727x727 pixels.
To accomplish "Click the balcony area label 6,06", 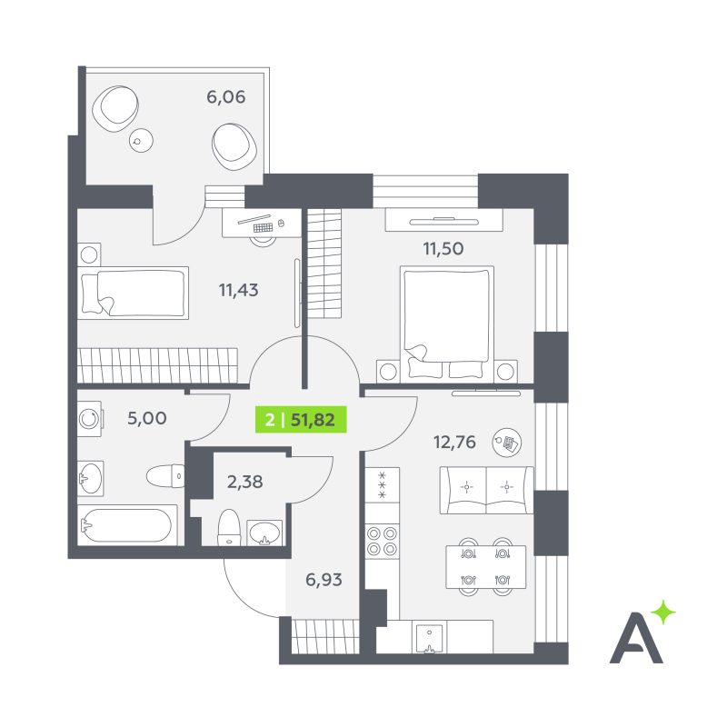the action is pos(225,97).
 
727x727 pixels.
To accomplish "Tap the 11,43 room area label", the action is pos(238,290).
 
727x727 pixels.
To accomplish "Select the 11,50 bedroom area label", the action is pos(443,248).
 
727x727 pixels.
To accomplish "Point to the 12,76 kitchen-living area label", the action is pos(455,442).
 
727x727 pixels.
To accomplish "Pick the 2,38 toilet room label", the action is pos(244,483).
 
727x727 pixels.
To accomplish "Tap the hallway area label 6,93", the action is pos(324,580).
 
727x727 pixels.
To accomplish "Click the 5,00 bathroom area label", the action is pos(147,418).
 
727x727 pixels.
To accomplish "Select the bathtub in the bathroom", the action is pos(127,525).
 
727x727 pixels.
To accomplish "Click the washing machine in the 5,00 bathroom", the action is pos(90,419).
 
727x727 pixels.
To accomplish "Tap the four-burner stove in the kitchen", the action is pos(383,541).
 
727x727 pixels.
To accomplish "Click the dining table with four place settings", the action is pos(486,566).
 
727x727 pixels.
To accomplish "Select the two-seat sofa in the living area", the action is pos(486,490).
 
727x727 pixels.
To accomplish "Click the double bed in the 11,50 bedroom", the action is pos(447,324).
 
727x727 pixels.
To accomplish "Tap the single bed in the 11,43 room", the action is pos(133,293).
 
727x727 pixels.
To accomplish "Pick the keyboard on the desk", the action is pos(263,228).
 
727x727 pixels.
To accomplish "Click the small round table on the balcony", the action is pos(141,140).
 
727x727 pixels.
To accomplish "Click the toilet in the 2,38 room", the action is pos(229,528).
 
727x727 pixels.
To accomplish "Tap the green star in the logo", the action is pos(663,612).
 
